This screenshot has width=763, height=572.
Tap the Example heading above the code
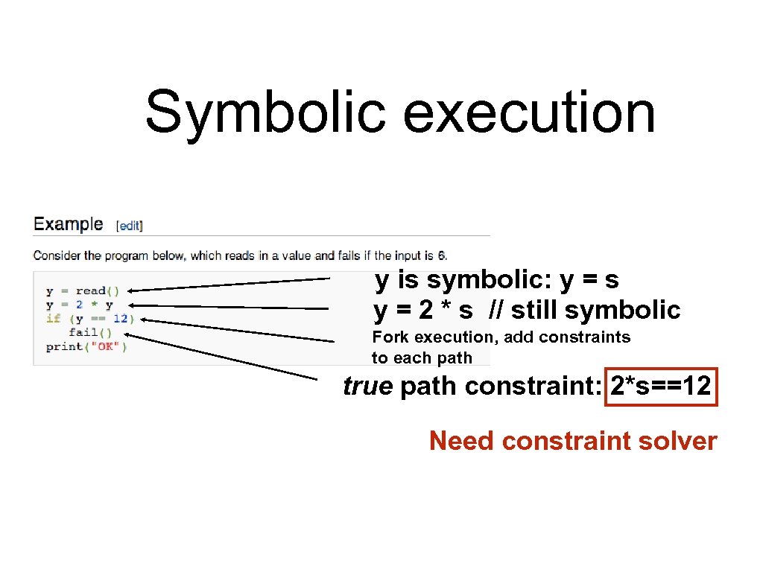click(69, 224)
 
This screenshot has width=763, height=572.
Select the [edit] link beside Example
click(129, 225)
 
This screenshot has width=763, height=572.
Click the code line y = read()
click(82, 291)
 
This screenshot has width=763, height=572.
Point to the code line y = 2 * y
click(79, 305)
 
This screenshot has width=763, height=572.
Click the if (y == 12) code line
click(89, 319)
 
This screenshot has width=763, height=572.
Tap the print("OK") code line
click(86, 346)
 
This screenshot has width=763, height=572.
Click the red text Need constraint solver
click(572, 441)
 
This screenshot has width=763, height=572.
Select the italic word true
click(367, 387)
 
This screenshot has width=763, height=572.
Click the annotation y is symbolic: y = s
click(497, 280)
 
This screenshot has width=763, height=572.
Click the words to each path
click(422, 357)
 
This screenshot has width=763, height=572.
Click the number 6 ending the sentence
click(441, 255)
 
